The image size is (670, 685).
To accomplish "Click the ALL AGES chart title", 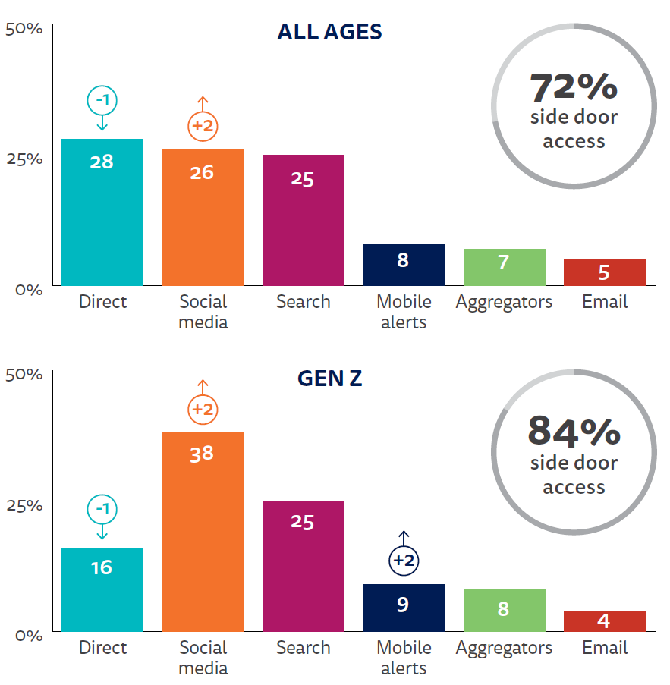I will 329,32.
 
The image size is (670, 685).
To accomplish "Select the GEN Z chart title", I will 329,378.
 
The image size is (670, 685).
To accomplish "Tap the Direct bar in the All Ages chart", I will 102,212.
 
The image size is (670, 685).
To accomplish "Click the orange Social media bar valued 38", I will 203,531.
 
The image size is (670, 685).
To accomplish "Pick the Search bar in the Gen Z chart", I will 304,565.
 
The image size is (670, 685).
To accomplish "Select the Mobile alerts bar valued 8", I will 404,264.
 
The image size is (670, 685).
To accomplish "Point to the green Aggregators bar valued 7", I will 505,266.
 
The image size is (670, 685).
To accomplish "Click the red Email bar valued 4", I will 605,621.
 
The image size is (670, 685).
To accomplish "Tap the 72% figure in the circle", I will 574,87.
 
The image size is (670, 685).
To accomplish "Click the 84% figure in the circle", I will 574,432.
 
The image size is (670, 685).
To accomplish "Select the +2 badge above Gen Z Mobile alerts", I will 404,561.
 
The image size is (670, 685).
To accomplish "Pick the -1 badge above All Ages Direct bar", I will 102,99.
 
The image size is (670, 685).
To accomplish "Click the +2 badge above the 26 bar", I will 203,126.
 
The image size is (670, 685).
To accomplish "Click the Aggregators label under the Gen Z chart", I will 505,648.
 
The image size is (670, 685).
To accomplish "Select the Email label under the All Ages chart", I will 605,302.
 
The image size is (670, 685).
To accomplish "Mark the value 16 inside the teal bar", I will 102,567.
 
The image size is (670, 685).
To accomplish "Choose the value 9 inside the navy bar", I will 403,605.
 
